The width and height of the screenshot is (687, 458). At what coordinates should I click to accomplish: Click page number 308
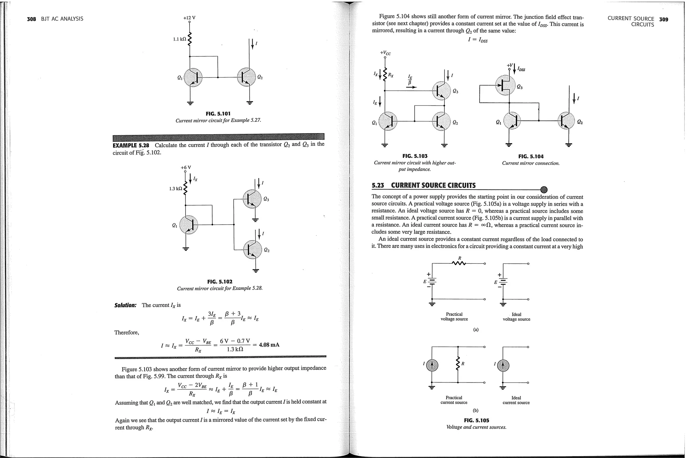[x=31, y=19]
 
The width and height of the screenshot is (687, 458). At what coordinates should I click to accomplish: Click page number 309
[x=664, y=19]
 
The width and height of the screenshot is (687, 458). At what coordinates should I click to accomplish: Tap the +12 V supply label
[x=189, y=18]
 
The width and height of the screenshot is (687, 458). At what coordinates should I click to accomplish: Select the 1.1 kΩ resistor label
[x=179, y=39]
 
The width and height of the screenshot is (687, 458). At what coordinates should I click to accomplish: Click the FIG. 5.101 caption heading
[x=218, y=114]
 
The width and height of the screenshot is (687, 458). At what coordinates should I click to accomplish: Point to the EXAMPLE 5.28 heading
[x=131, y=145]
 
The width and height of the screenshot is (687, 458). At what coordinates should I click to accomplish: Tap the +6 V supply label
[x=186, y=167]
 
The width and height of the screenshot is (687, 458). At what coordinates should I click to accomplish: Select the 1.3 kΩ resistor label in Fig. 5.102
[x=176, y=189]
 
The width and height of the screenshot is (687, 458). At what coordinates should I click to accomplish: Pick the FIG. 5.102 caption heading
[x=220, y=282]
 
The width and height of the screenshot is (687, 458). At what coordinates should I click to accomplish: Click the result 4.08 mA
[x=269, y=345]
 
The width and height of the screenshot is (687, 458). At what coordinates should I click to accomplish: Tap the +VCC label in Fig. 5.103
[x=385, y=53]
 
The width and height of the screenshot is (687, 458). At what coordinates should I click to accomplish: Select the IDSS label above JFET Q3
[x=521, y=69]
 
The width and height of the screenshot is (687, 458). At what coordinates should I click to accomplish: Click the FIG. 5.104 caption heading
[x=531, y=156]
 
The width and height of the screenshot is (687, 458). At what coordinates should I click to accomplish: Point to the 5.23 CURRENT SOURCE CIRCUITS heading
[x=424, y=186]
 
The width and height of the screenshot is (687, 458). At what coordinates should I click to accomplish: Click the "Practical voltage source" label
[x=454, y=317]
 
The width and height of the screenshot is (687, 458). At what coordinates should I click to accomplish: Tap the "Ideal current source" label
[x=516, y=400]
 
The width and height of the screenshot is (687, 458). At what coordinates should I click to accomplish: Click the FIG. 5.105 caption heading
[x=476, y=420]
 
